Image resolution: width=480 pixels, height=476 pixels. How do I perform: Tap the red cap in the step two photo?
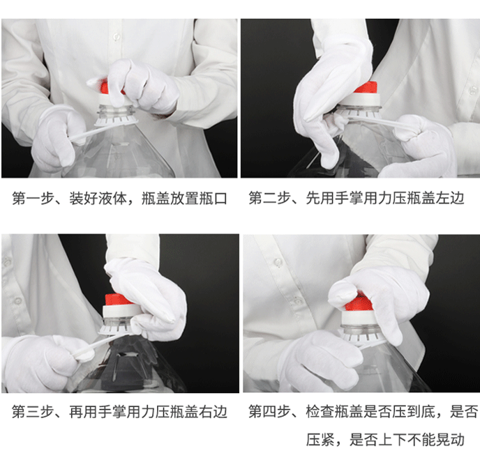[x=364, y=90]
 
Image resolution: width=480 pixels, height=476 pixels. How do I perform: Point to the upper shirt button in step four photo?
[x=278, y=263]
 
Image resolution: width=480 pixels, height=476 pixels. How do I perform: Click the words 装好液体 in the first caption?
[x=97, y=199]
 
